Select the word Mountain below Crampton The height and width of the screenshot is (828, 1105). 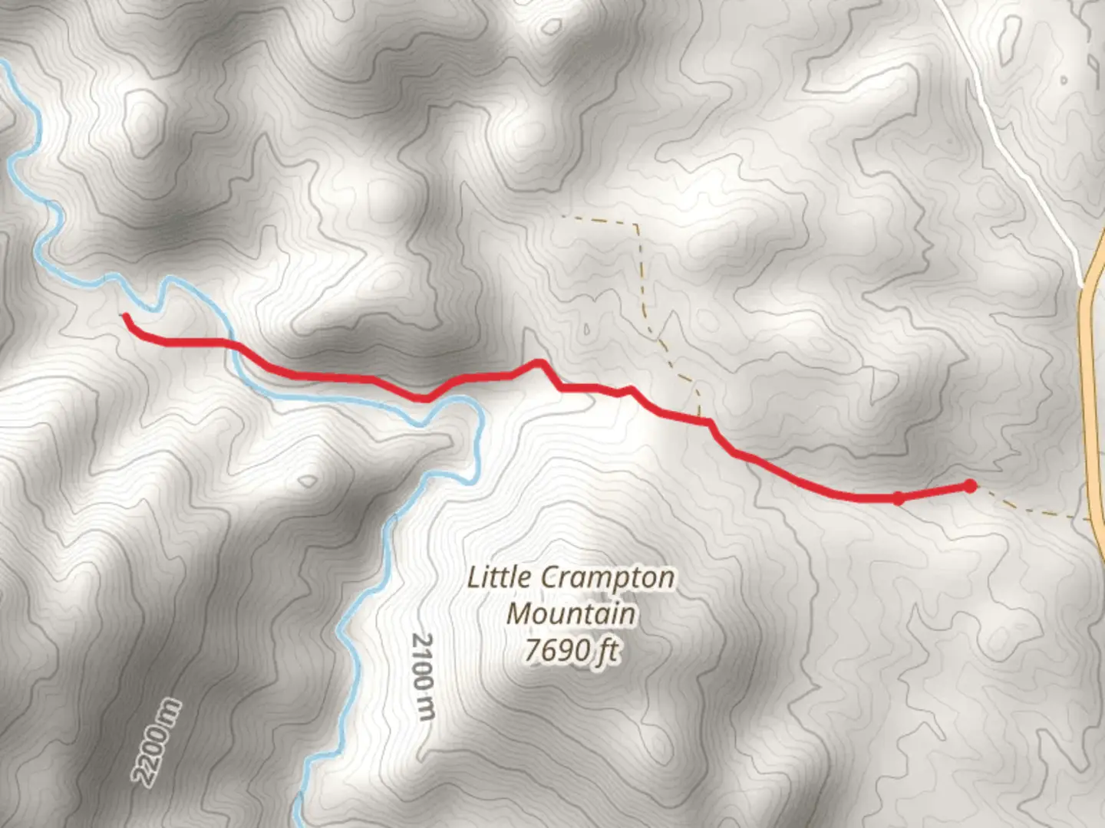(572, 614)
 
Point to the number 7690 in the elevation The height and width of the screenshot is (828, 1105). (549, 650)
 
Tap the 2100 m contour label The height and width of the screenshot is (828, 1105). (423, 676)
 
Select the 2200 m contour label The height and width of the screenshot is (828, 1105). (157, 742)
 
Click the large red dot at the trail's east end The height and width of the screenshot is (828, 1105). (970, 486)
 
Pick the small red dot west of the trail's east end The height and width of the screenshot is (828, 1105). (898, 499)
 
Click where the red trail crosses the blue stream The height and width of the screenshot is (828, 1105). (233, 346)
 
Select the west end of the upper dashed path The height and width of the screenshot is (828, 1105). (564, 217)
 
